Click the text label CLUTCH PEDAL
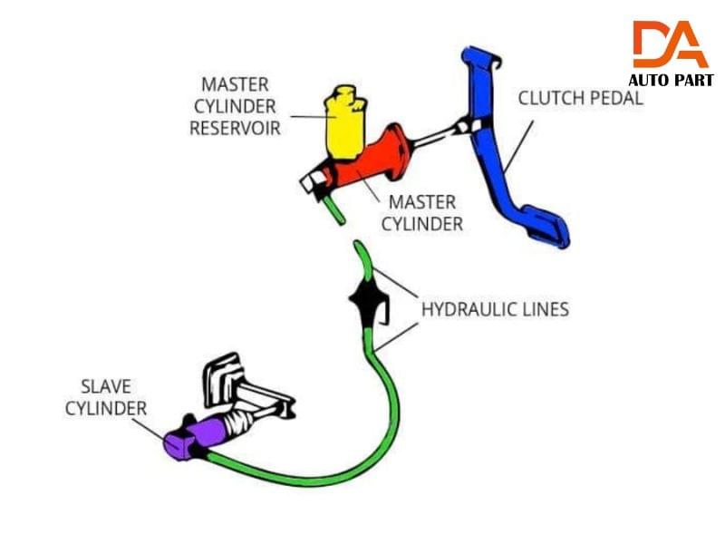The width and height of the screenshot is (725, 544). tap(580, 98)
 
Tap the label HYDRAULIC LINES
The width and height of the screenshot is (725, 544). tap(495, 309)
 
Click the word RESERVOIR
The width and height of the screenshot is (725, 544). tap(235, 128)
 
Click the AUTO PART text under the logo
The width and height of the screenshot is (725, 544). tap(671, 81)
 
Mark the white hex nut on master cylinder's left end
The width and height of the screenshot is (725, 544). tap(311, 183)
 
